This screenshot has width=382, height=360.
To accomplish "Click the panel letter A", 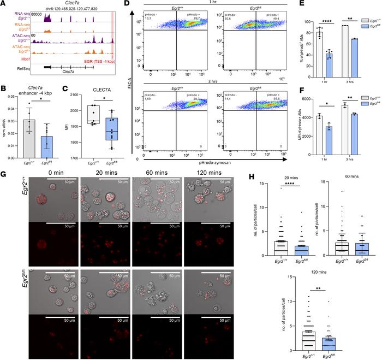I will tap(4, 5).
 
